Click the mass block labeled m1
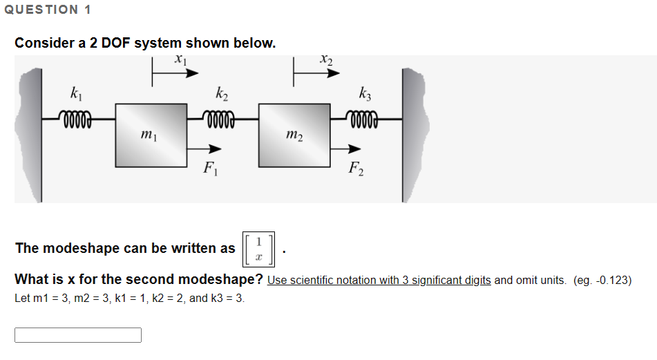(151, 135)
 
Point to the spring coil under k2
(221, 118)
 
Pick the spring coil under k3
(365, 118)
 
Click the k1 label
(75, 93)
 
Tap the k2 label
(220, 93)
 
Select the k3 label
(365, 93)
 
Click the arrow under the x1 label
(169, 74)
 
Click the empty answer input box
(78, 335)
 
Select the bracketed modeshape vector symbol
(258, 249)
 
